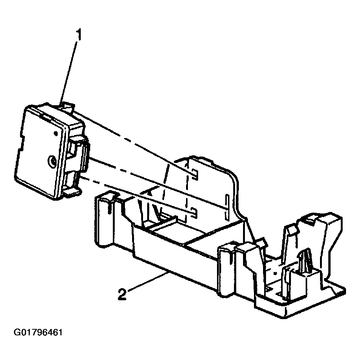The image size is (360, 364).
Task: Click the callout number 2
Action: point(122,294)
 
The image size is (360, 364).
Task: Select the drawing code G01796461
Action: point(38,333)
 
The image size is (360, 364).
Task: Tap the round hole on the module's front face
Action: point(51,162)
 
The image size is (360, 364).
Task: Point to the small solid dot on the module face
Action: point(55,133)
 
